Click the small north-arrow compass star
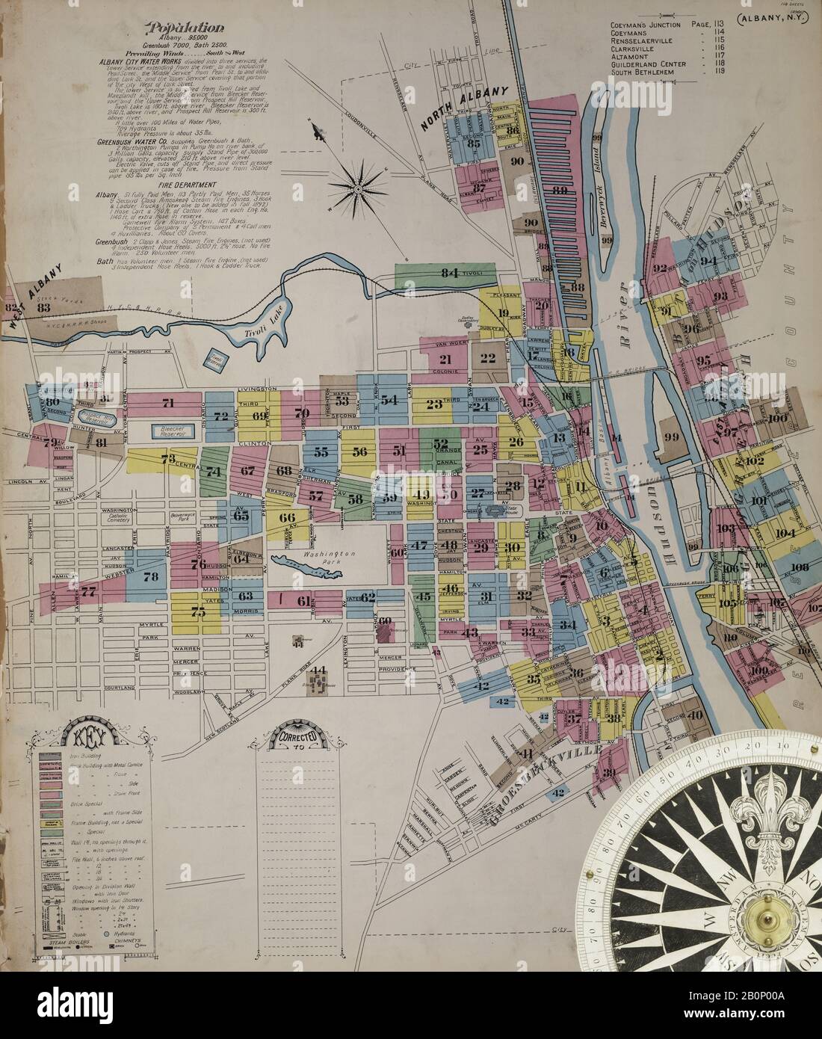pyautogui.click(x=358, y=190)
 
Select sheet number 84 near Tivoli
pyautogui.click(x=448, y=274)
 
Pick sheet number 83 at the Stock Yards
pyautogui.click(x=43, y=306)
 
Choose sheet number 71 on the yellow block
pyautogui.click(x=167, y=403)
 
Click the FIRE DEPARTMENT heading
pyautogui.click(x=161, y=184)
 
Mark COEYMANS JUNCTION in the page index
pyautogui.click(x=646, y=24)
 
